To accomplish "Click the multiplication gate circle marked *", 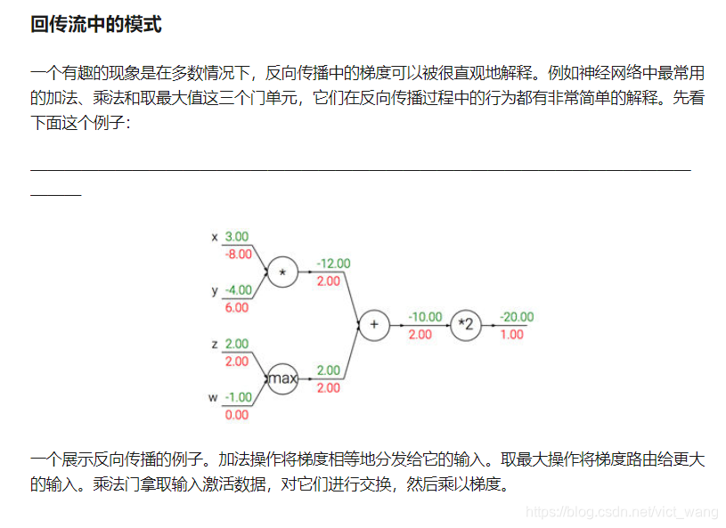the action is coord(282,273).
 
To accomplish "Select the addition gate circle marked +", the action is coord(374,325).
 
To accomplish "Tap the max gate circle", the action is coord(282,378).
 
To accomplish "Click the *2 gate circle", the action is coord(465,325).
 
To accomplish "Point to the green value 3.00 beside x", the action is coord(237,237).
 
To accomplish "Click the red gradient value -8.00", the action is coord(237,254).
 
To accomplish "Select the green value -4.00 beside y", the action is coord(237,290).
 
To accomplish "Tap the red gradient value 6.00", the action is coord(237,307).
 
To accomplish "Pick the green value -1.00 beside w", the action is coord(237,397).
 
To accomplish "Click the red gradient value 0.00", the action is coord(237,414).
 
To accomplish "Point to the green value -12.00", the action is coord(333,264).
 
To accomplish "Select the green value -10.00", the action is coord(425,317).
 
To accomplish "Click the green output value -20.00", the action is coord(517,317).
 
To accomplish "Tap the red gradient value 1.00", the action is coord(512,334).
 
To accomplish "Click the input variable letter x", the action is coord(214,238).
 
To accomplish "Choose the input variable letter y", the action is coord(214,291).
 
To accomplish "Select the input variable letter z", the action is coord(214,344).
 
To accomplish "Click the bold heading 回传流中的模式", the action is coord(96,25).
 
